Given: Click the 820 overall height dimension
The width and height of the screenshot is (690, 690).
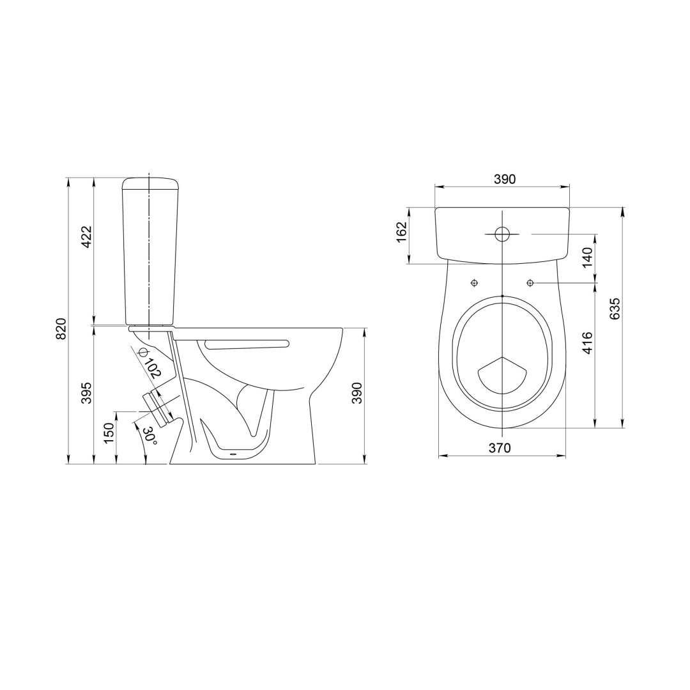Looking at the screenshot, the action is tap(62, 328).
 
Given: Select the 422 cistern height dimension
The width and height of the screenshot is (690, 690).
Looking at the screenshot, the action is tap(87, 237).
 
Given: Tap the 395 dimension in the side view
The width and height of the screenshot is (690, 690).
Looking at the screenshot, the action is tap(87, 392).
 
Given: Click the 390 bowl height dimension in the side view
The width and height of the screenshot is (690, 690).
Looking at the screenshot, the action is tap(356, 393).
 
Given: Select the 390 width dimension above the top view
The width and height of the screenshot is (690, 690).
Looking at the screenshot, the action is tap(504, 179).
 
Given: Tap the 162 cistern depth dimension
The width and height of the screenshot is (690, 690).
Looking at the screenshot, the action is tap(401, 231).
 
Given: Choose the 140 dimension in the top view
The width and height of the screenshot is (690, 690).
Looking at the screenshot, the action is tap(588, 258).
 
